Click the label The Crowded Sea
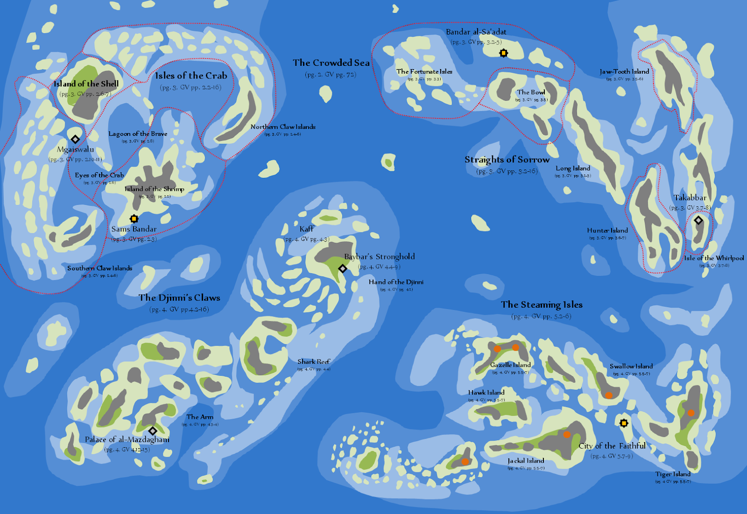pos(331,63)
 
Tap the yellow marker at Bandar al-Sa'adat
pos(503,53)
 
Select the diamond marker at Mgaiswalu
pos(75,139)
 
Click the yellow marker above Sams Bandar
pos(134,218)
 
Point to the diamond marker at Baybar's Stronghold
pos(342,268)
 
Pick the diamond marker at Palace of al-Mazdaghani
pos(153,430)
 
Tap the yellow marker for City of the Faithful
pos(624,423)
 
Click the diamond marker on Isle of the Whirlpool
pos(698,220)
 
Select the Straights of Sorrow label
pos(507,160)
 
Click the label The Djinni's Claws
pos(179,298)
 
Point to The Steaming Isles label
pos(542,305)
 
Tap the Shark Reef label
pos(314,362)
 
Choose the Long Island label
pos(573,168)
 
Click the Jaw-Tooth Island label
pos(624,71)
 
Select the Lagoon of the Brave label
pos(138,134)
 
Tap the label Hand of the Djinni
pos(396,282)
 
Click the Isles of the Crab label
pos(191,76)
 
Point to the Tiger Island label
pos(673,474)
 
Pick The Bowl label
pos(531,92)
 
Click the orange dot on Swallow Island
pos(609,395)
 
